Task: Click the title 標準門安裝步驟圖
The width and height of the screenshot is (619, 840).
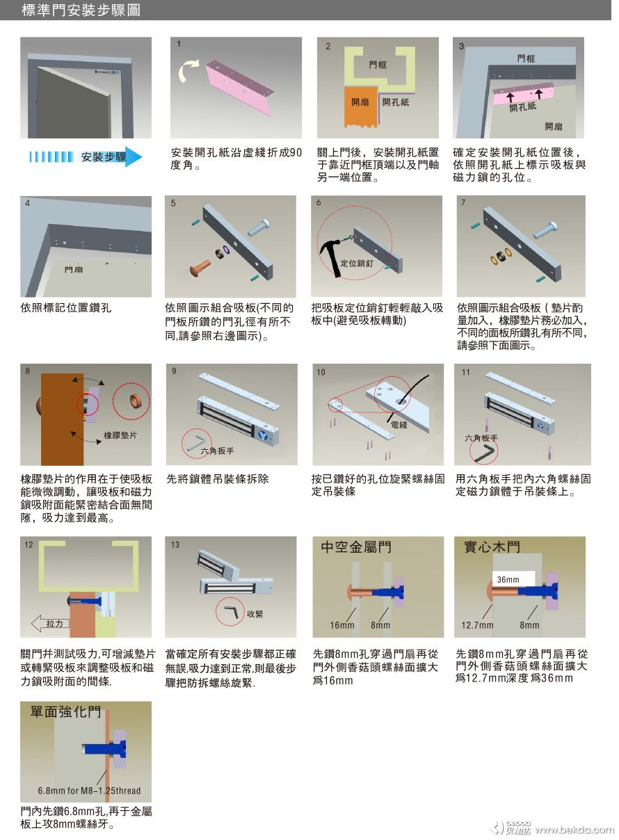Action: pos(81,10)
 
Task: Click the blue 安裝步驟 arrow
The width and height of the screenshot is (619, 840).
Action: pos(86,156)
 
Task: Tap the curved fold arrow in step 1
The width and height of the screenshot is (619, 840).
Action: pos(188,70)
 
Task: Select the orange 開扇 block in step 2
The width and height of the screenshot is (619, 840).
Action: pos(361,107)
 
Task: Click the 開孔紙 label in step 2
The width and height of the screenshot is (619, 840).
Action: pos(396,102)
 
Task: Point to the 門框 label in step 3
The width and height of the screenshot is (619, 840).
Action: pos(526,58)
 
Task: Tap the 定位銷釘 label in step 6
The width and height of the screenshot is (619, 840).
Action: pos(357,264)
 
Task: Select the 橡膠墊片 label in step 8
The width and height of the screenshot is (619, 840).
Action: pos(120,435)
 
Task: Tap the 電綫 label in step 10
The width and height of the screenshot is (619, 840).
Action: pos(399,424)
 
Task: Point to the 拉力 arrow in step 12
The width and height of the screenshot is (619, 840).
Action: pos(50,624)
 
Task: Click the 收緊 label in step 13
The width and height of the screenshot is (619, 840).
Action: pos(255,614)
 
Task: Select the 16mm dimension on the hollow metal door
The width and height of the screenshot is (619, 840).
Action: pos(341,625)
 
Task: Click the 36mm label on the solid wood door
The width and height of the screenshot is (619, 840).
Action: pos(508,580)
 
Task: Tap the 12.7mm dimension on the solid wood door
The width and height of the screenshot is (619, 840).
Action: pos(477,625)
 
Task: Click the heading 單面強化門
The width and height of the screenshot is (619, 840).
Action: pos(65,711)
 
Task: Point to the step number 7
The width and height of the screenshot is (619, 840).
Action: pos(463,202)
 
